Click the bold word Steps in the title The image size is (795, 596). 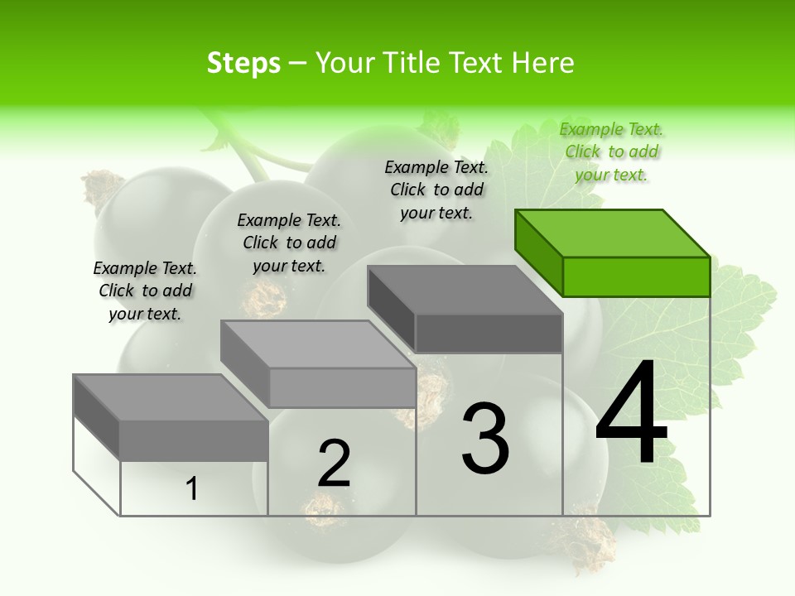tap(243, 63)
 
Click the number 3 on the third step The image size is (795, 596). tap(485, 438)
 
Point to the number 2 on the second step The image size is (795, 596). tap(334, 464)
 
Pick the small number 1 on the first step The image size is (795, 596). tap(192, 489)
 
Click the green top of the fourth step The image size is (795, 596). tap(611, 233)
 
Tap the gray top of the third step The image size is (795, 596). tap(464, 290)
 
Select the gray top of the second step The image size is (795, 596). tap(317, 344)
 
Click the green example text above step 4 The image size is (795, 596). tap(611, 151)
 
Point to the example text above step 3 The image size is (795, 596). tap(436, 190)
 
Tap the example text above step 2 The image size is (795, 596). tap(289, 243)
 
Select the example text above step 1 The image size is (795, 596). tap(145, 291)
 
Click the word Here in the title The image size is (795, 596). tap(543, 63)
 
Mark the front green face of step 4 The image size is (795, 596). tap(636, 276)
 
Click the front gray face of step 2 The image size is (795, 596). tap(342, 387)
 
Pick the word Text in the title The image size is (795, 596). tap(479, 63)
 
